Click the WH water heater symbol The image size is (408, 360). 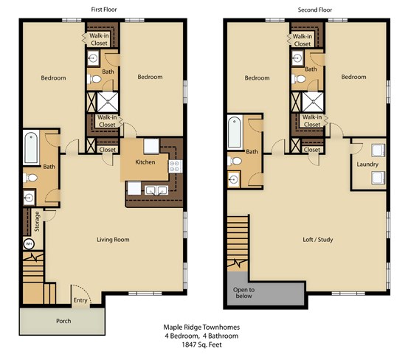point(29,244)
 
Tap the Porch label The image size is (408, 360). point(63,321)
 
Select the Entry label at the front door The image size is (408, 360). point(80,300)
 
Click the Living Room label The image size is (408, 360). point(113,240)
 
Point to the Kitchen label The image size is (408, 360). point(145,162)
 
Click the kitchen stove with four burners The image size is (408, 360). point(175,166)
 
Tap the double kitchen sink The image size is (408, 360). point(156,190)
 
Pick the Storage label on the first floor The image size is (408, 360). point(37,221)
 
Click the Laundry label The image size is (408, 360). point(367,165)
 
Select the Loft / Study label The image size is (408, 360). point(318,240)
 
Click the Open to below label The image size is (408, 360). point(243,293)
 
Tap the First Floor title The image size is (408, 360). point(104,10)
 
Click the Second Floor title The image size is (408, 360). point(315,10)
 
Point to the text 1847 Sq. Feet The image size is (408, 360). point(201,345)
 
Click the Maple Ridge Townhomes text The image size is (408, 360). point(201,327)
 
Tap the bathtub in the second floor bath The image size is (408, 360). point(235,132)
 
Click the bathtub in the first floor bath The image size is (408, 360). point(31,148)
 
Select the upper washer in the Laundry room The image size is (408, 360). point(378,150)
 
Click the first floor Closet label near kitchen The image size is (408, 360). point(107,150)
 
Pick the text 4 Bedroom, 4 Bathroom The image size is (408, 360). point(201,336)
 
